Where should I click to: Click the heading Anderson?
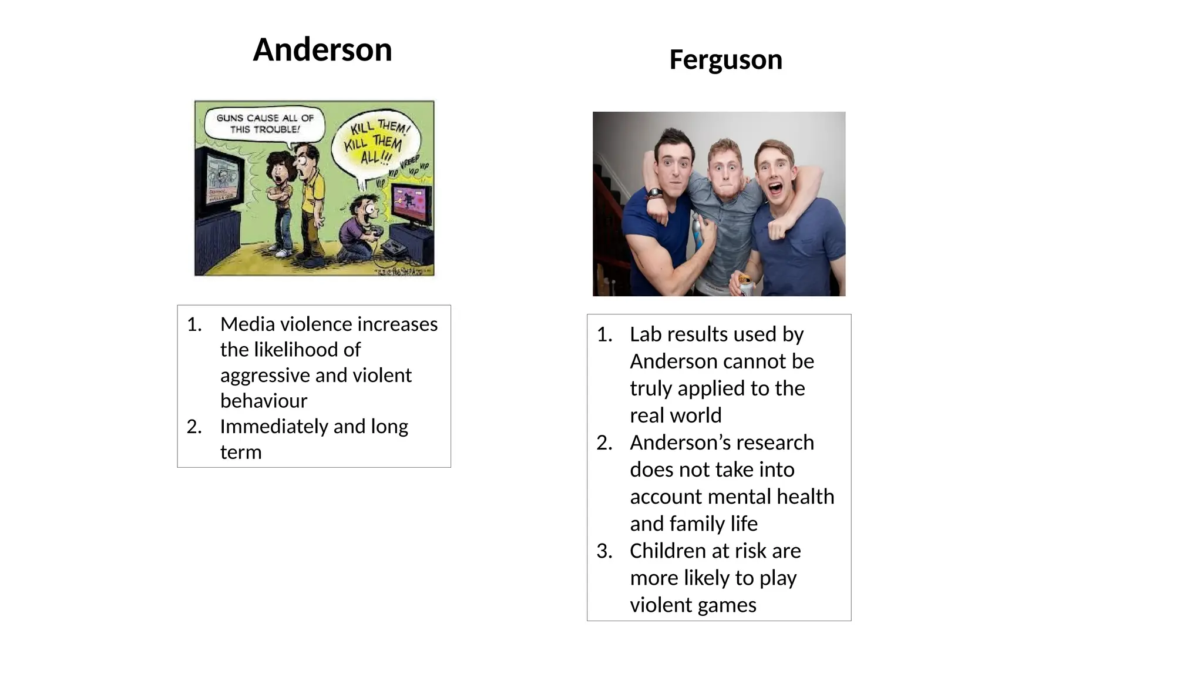(322, 49)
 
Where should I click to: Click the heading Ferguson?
(725, 59)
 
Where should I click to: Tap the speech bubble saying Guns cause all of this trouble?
(264, 123)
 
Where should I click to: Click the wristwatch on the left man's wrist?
(654, 193)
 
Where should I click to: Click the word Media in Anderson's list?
(247, 324)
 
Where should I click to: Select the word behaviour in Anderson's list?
(264, 401)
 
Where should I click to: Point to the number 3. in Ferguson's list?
(604, 551)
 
